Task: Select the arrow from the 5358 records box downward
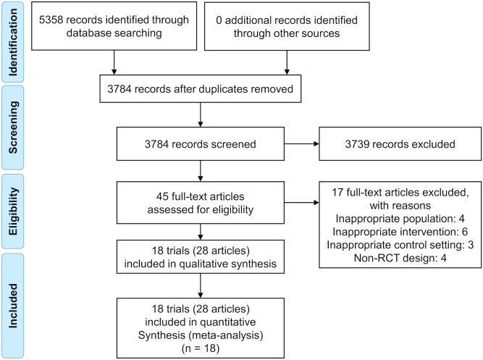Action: click(113, 61)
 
